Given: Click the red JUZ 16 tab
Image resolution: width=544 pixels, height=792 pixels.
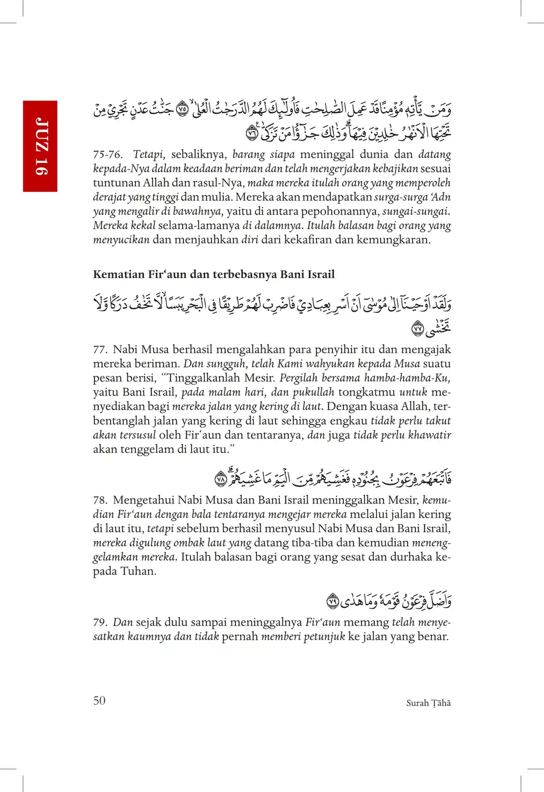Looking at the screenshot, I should (40, 146).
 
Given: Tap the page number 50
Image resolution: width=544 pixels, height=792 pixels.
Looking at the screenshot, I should (100, 700).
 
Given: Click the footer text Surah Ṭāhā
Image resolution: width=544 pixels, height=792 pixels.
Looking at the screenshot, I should (428, 703).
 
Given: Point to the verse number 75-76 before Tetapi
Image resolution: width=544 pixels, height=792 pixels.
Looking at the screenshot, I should (107, 155).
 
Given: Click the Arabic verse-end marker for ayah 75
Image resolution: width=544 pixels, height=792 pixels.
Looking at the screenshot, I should (182, 110).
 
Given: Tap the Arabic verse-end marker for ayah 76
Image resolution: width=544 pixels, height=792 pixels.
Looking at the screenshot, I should (252, 134).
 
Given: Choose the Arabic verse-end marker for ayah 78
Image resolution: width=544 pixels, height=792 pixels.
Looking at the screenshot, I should (221, 480).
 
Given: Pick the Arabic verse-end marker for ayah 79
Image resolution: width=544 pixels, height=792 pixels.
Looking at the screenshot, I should (332, 600).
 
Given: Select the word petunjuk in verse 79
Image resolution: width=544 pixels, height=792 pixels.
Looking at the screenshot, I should (324, 637).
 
